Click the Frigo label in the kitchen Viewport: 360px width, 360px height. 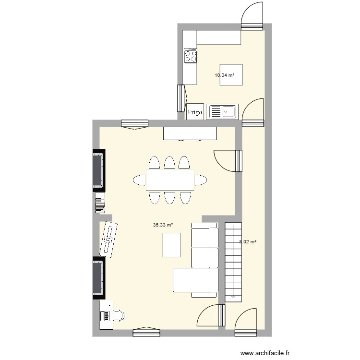(195, 112)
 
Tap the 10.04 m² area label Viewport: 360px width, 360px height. (225, 75)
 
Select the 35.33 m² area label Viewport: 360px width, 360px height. (163, 225)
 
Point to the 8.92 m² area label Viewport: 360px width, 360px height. (248, 242)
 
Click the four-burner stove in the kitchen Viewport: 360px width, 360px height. (191, 56)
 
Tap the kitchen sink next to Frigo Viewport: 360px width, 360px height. (222, 112)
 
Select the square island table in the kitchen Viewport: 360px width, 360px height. (231, 74)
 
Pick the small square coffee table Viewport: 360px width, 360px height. (172, 244)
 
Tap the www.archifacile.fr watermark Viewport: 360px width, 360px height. (265, 353)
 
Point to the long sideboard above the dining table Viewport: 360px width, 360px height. (190, 133)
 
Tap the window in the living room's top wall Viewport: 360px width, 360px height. (135, 124)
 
